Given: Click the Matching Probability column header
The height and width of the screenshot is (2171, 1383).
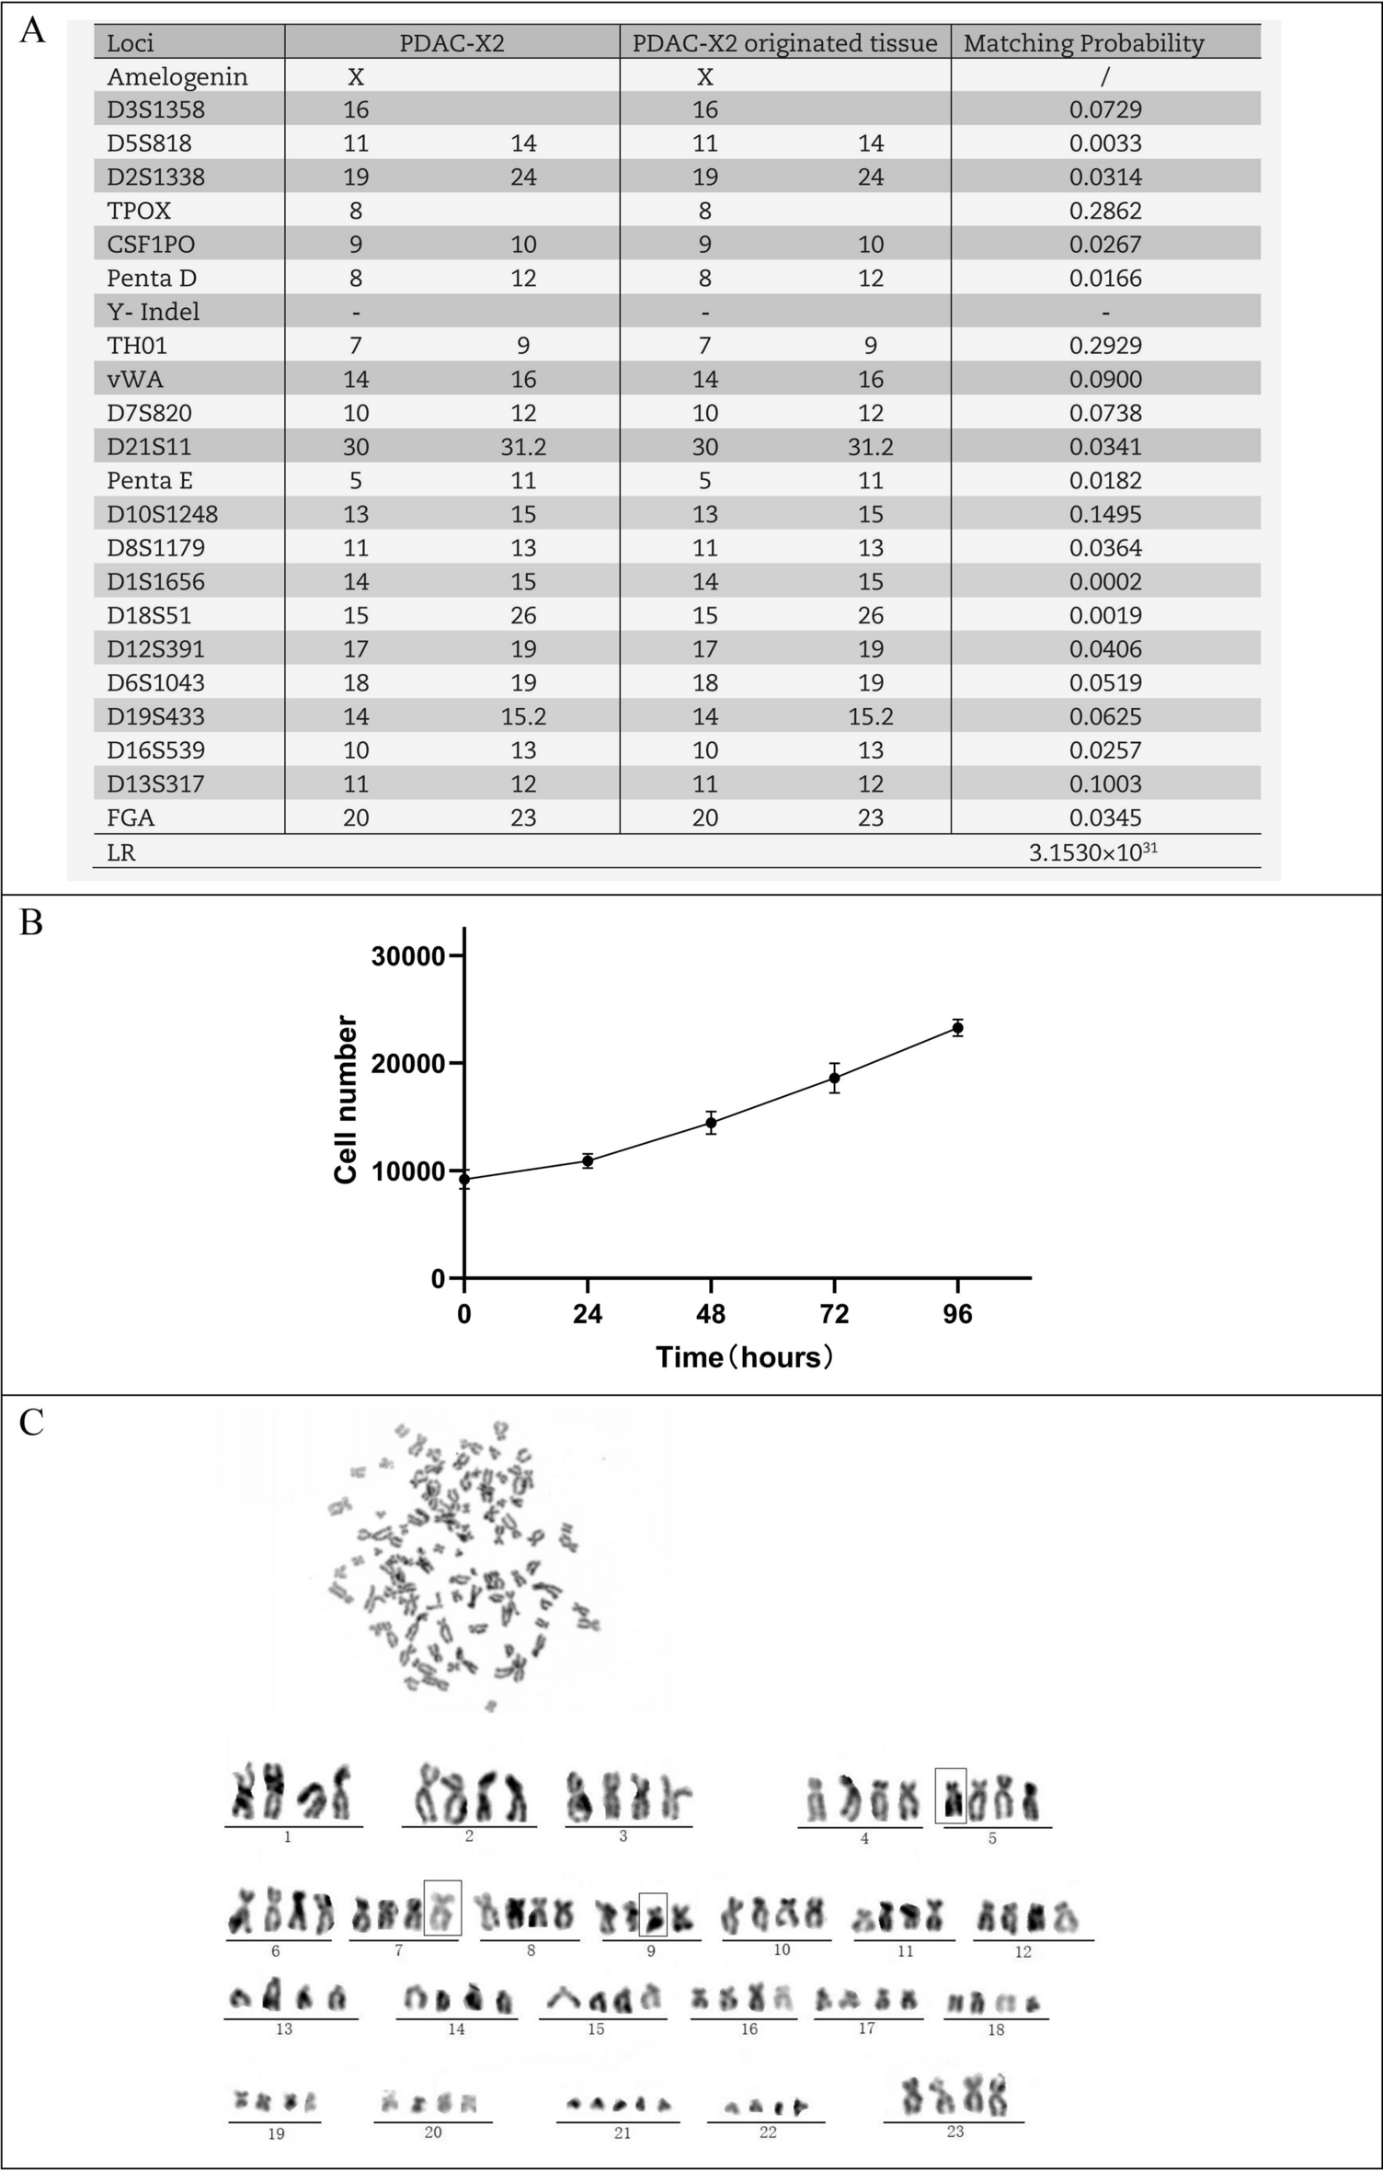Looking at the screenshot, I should [x=1083, y=43].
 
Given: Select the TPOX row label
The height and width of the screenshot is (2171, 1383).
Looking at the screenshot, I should [x=139, y=211].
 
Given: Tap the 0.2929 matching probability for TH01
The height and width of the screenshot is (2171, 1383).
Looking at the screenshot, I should [x=1105, y=346].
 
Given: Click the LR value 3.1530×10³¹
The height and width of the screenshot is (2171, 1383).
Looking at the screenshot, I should [x=1092, y=852].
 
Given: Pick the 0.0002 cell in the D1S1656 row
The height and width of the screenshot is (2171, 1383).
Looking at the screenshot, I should [x=1105, y=582].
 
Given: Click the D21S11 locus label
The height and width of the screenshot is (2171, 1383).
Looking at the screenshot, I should [x=148, y=447].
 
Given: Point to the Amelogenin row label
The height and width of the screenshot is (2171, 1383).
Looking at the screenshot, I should [x=177, y=76].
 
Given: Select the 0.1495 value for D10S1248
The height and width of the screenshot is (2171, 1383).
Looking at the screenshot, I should [x=1105, y=514].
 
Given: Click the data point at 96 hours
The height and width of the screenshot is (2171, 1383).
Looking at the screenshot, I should [x=957, y=1028].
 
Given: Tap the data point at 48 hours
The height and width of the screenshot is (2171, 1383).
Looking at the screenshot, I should [x=711, y=1123].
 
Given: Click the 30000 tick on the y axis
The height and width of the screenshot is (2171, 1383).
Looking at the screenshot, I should [x=407, y=956].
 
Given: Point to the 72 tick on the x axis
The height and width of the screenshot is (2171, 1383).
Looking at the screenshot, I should [x=834, y=1314].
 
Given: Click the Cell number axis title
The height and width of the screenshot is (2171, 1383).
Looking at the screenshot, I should [x=346, y=1100].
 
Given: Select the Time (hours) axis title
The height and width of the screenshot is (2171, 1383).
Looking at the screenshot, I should [x=745, y=1357].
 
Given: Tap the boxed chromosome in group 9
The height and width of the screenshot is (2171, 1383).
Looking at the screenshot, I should [x=653, y=1915].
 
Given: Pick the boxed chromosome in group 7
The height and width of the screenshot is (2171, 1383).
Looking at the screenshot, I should [x=442, y=1908].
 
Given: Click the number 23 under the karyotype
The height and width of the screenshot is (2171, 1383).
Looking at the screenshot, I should [x=954, y=2131].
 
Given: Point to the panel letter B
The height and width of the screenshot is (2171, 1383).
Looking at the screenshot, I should [x=31, y=923].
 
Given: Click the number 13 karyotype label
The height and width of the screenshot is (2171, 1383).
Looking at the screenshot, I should [x=284, y=2028].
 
